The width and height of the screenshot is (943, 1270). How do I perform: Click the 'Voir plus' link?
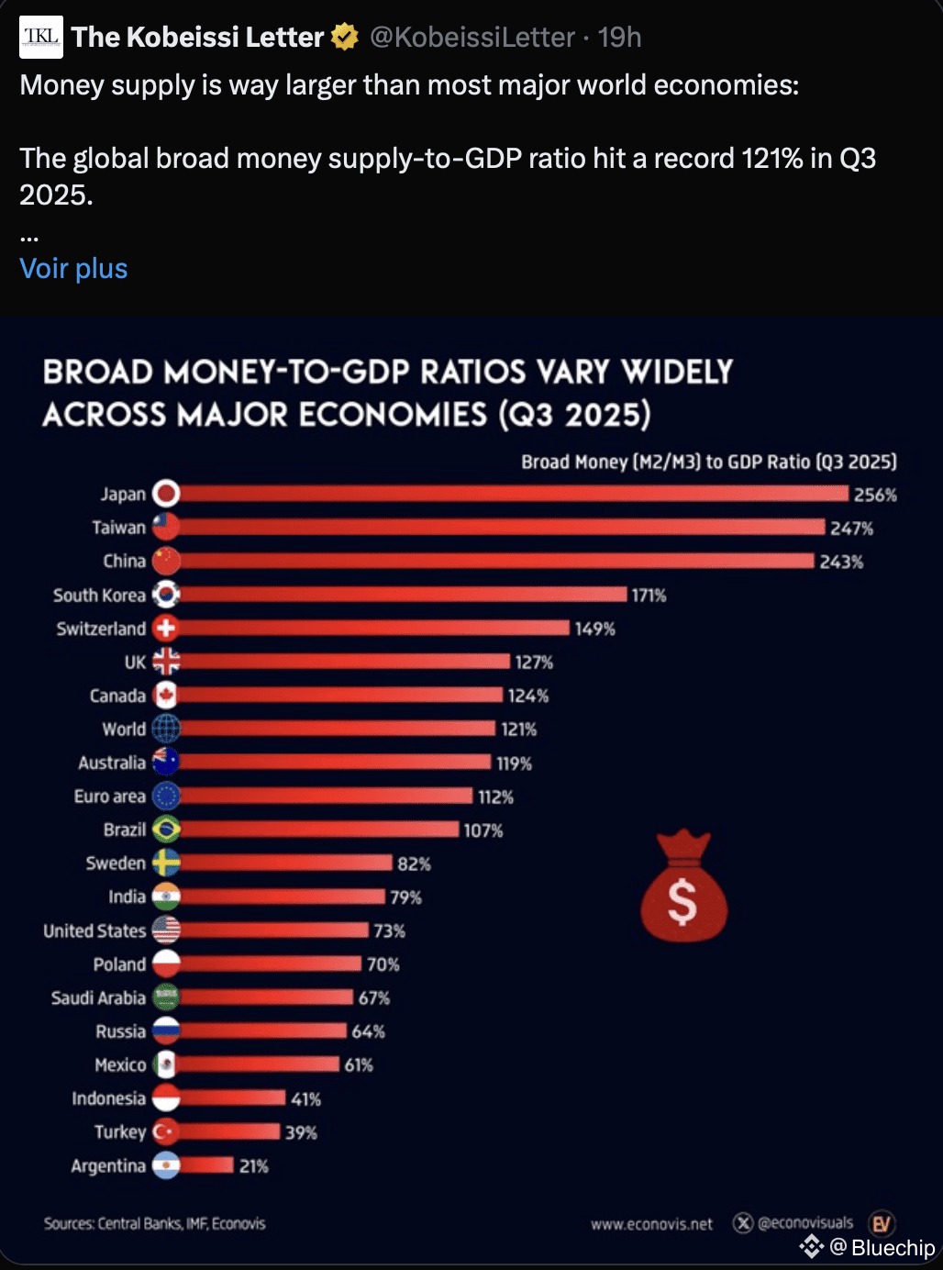[x=73, y=269]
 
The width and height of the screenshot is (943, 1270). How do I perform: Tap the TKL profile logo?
[x=41, y=37]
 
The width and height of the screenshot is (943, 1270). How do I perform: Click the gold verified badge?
[x=344, y=37]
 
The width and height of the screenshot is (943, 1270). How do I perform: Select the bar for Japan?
[x=514, y=494]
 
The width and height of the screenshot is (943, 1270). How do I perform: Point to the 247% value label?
[x=851, y=529]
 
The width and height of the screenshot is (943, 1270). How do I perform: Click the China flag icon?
[x=166, y=561]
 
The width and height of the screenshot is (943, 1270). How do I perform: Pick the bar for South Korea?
[x=404, y=595]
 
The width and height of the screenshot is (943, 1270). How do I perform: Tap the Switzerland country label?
[x=101, y=629]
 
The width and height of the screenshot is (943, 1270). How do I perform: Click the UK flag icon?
[x=166, y=662]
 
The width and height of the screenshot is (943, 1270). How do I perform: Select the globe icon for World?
[x=166, y=729]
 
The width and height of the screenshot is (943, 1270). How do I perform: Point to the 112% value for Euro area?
[x=495, y=797]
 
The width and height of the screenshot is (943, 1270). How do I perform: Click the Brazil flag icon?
[x=166, y=830]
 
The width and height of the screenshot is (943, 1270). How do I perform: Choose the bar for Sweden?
[x=286, y=863]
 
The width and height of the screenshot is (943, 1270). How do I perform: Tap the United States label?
[x=94, y=930]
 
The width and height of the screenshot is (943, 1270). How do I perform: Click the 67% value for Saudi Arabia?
[x=374, y=997]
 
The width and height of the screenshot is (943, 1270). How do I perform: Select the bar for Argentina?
[x=206, y=1165]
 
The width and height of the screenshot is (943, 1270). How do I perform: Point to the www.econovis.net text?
[x=651, y=1224]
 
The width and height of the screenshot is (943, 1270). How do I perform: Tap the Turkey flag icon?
[x=166, y=1131]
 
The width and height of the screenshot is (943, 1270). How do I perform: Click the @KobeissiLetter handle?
[x=472, y=37]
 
